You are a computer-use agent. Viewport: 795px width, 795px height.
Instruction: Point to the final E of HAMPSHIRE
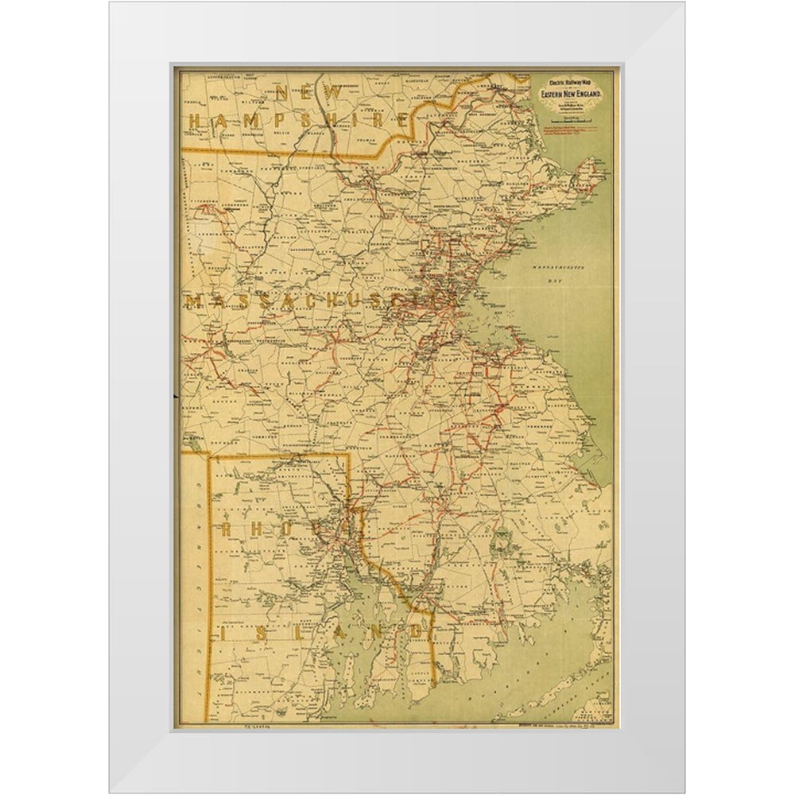point(404,120)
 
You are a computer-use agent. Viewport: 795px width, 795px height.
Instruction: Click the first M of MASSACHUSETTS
point(193,301)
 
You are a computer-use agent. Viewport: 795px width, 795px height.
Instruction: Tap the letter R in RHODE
point(229,529)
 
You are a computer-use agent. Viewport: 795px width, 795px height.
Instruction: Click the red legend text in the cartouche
point(571,130)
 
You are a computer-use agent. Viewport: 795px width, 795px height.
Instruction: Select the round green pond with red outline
point(502,543)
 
